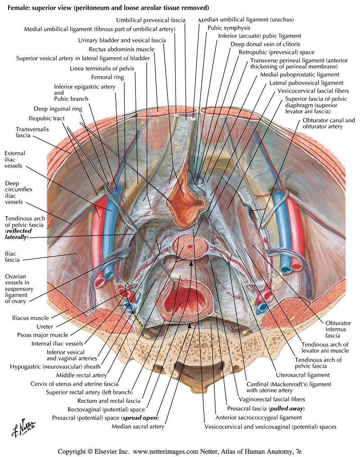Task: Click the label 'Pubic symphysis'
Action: point(228,28)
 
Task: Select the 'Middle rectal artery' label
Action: point(81,375)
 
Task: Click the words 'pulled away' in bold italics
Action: point(287,408)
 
